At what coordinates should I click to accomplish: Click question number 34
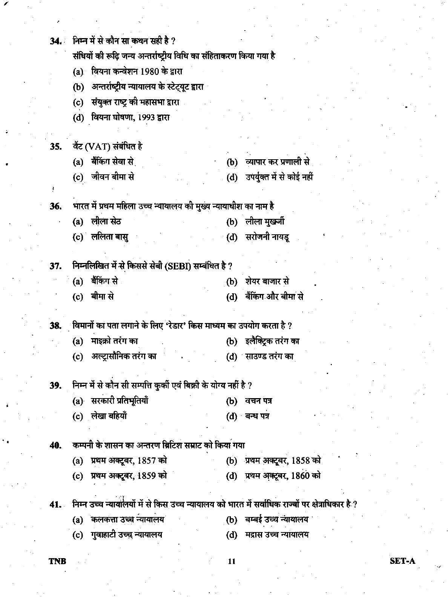56,41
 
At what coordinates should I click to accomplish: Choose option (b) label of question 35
232,162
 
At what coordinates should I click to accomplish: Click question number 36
55,206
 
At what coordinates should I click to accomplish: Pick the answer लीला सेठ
106,222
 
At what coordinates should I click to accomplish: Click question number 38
55,326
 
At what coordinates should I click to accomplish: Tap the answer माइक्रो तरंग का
114,341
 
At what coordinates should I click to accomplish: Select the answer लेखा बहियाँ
109,416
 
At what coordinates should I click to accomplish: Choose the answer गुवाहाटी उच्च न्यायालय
127,535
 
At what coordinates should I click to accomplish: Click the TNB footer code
57,561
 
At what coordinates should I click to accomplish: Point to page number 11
231,562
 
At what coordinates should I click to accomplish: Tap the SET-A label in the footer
402,561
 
